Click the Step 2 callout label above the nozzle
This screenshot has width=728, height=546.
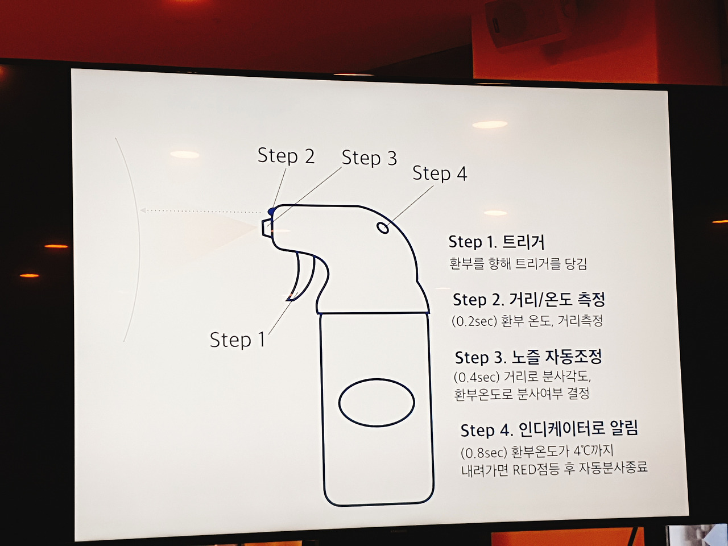[286, 155]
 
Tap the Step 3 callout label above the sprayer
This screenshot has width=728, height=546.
[369, 158]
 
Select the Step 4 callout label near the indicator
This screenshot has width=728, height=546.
[440, 173]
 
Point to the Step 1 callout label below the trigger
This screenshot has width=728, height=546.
[238, 340]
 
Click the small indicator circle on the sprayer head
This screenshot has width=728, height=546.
[383, 227]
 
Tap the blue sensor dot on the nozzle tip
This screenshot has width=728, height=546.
[272, 211]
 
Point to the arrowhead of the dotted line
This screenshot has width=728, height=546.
[143, 210]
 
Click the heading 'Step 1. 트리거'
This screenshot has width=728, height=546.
[496, 242]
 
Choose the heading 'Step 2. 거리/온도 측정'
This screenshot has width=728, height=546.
[529, 299]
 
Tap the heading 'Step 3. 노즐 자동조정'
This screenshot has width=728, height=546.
[528, 357]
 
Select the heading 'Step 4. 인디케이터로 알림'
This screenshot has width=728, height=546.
[549, 429]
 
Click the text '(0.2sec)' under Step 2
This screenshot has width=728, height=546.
[474, 321]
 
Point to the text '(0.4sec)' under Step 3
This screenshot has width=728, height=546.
[477, 377]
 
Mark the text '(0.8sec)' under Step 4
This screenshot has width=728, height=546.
[484, 452]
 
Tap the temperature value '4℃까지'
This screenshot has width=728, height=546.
[593, 451]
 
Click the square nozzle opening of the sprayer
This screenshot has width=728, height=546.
[266, 227]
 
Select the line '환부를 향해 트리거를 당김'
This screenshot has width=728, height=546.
[518, 264]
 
